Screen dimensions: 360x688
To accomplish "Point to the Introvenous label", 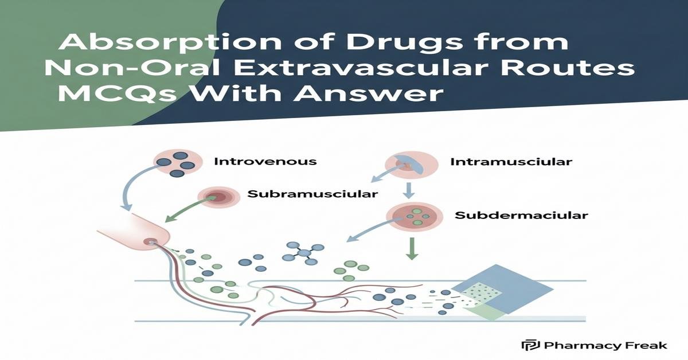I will point(265,161).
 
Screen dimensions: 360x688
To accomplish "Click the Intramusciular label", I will point(511,162).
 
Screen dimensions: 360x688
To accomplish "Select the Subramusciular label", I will point(312,194).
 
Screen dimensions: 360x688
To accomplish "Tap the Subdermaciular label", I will point(521,216).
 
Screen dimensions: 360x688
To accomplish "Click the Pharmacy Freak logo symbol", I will point(527,345).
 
